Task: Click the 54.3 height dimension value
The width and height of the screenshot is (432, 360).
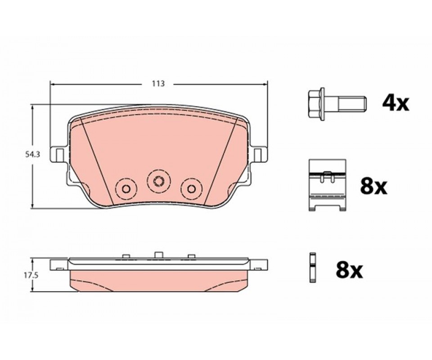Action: [x=33, y=154]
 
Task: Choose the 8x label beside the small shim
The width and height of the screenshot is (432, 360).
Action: [x=349, y=270]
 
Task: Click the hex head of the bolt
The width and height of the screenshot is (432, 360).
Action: [x=316, y=104]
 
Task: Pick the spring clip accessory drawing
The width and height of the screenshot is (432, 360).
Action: [x=327, y=185]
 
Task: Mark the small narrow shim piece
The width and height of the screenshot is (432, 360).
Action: [x=312, y=268]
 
